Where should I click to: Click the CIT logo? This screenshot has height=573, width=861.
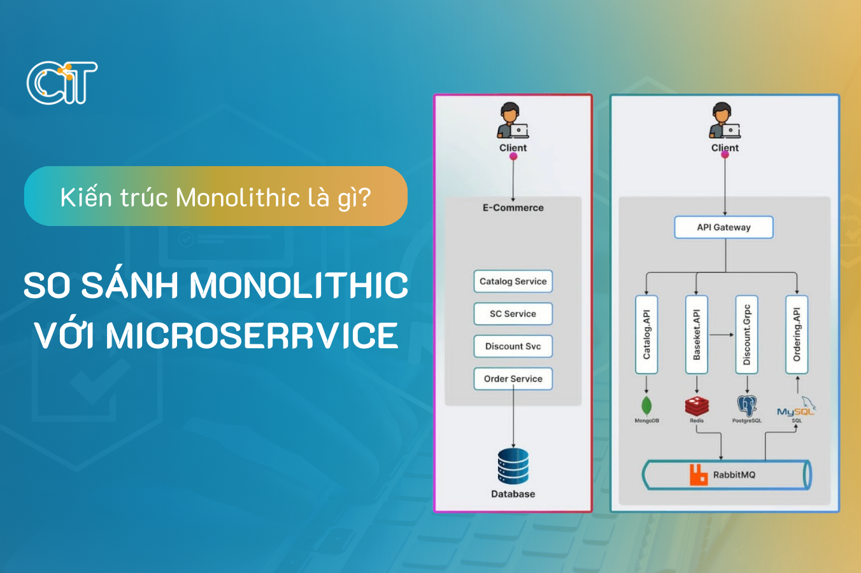tap(62, 83)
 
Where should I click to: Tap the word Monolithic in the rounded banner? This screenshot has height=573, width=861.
tap(238, 197)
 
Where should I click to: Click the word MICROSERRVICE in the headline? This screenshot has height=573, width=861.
tap(252, 336)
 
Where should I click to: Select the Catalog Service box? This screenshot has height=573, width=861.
tap(513, 281)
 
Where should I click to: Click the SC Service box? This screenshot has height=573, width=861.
tap(513, 314)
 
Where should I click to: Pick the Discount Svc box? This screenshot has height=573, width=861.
tap(513, 346)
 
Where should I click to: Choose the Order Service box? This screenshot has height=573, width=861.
tap(513, 379)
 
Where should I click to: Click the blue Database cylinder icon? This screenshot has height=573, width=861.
tap(513, 466)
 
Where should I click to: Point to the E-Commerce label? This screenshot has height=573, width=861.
tap(513, 208)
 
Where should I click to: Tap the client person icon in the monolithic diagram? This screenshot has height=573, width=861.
tap(512, 121)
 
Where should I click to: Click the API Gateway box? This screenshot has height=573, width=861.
tap(723, 227)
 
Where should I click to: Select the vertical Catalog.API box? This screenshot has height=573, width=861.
tap(646, 334)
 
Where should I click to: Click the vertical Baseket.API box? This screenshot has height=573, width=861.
tap(696, 334)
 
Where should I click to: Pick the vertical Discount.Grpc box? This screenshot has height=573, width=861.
tap(746, 334)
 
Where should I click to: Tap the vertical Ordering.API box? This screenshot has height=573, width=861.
tap(796, 334)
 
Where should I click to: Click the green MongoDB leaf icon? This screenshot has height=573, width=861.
tap(646, 406)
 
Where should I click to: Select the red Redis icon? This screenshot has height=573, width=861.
tap(697, 406)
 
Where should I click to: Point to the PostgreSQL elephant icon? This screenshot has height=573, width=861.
tap(746, 406)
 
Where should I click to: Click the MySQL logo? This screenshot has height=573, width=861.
tap(795, 409)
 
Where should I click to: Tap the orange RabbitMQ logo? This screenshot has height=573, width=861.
tap(699, 475)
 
